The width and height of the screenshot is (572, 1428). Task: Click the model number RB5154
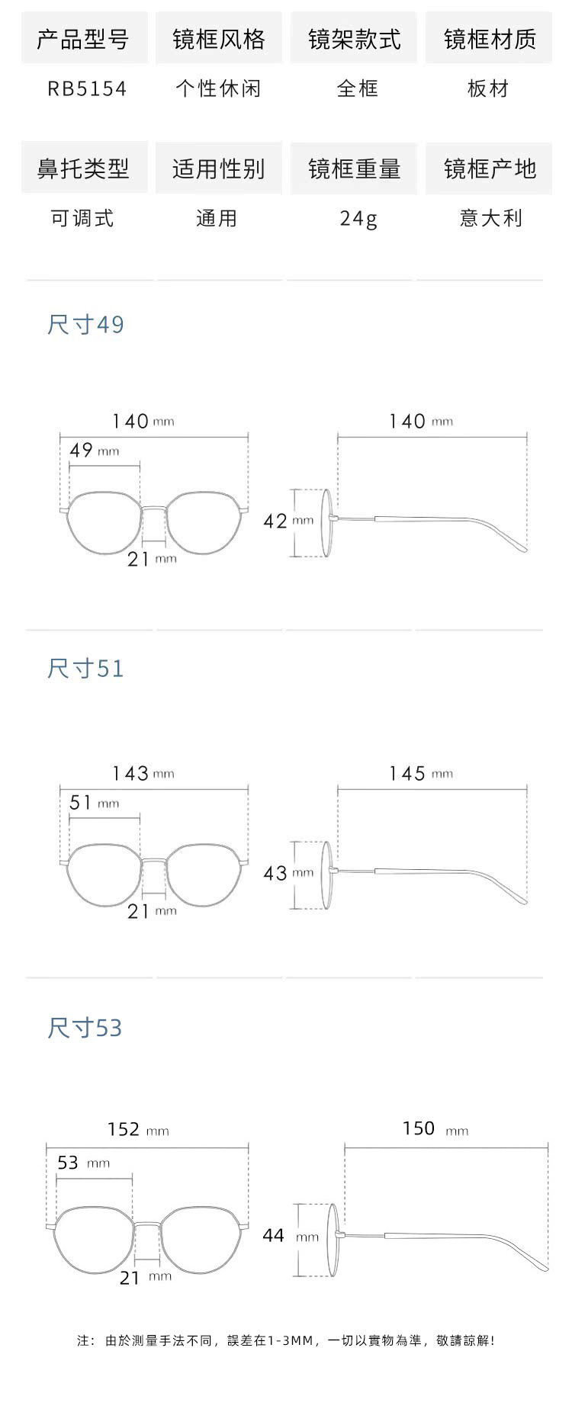click(87, 89)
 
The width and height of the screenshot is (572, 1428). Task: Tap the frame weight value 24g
click(358, 219)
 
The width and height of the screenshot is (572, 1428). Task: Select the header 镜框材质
click(490, 40)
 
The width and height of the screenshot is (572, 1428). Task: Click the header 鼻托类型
click(83, 168)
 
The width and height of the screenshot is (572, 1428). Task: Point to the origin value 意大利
click(491, 219)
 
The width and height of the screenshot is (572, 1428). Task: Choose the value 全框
click(358, 89)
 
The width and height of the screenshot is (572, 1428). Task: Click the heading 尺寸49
click(85, 325)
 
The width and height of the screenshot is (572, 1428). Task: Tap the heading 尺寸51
click(85, 669)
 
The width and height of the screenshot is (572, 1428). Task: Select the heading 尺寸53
click(85, 1028)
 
